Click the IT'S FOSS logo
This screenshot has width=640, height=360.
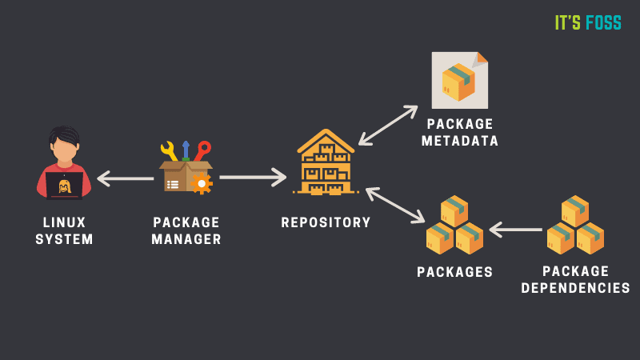pos(588,22)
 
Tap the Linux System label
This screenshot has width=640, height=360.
pos(64,230)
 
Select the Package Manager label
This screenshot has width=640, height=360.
pos(187,230)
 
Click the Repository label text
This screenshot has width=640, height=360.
pos(326,222)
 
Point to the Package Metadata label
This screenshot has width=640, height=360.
pos(462,133)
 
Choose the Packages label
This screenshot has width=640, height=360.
pos(454,272)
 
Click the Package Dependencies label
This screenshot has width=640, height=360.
pos(575,279)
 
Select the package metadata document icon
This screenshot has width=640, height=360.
pos(459,80)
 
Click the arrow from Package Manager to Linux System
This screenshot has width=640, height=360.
pos(125,178)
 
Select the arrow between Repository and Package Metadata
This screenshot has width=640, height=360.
pos(388,126)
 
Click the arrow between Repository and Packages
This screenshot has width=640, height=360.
pos(395,205)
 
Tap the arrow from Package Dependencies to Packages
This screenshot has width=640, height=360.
pos(515,230)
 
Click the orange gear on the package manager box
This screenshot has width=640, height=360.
pos(202,183)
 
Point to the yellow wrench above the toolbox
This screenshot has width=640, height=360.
pos(169,150)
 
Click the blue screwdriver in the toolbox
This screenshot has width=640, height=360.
pos(186,150)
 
